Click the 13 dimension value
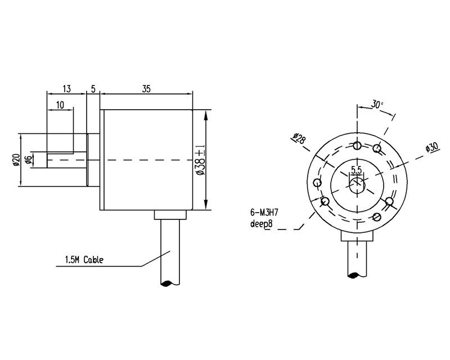pos(66,88)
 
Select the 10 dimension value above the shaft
pos(60,105)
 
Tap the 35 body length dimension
pos(146,88)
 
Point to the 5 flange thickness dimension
pos(93,88)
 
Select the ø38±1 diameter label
pos(200,160)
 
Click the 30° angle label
pos(377,105)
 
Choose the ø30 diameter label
pos(431,147)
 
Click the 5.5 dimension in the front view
pos(357,169)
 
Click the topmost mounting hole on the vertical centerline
pos(357,146)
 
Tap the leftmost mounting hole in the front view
pos(317,183)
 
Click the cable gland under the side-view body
pos(170,215)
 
